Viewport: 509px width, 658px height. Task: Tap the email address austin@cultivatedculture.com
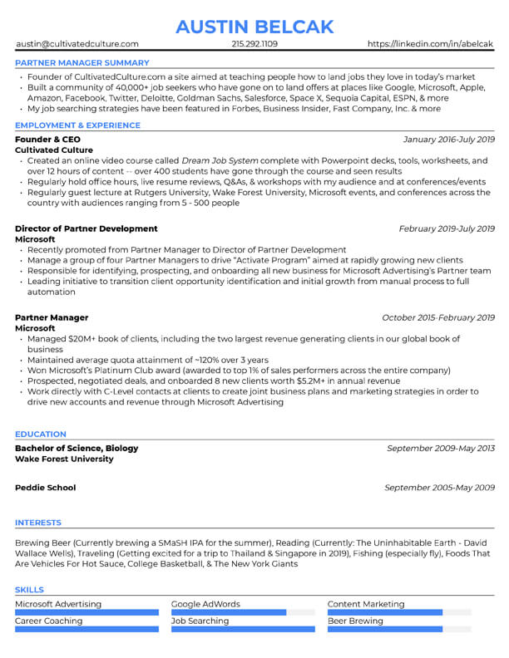tap(77, 44)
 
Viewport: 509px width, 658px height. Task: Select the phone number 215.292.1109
tap(254, 44)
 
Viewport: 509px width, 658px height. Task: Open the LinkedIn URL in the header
tap(430, 44)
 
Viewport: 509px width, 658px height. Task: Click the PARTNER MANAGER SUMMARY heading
tap(82, 62)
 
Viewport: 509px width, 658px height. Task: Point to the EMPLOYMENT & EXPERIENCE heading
tap(78, 125)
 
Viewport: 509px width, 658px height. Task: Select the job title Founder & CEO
tap(48, 140)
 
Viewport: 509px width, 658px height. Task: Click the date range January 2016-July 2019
tap(448, 140)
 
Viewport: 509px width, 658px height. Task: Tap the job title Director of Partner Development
tap(86, 228)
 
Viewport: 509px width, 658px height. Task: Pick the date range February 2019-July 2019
tap(447, 228)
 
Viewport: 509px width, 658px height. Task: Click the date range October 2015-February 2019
tap(438, 317)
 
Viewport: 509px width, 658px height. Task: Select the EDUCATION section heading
tap(41, 434)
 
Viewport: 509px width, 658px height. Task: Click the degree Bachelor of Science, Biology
tap(77, 448)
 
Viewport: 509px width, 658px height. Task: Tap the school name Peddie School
tap(46, 488)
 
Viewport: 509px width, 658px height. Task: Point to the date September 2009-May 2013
tap(440, 448)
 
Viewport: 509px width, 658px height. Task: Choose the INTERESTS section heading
tap(38, 523)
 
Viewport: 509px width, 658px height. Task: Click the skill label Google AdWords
tap(205, 604)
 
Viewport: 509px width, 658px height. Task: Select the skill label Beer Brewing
tap(355, 621)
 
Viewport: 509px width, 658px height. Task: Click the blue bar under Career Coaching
tap(86, 629)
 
